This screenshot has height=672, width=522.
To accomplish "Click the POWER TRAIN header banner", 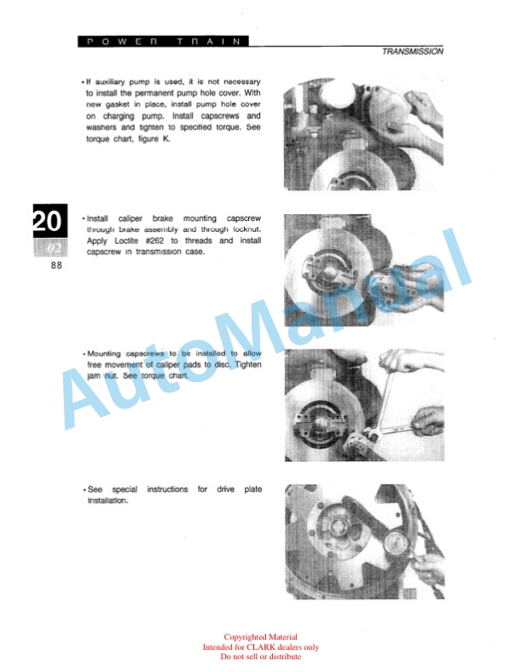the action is tap(163, 42).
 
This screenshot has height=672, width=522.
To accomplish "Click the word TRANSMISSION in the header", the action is tap(412, 51).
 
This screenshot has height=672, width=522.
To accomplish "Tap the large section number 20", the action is tap(49, 221).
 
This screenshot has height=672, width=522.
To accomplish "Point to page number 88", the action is tap(56, 265).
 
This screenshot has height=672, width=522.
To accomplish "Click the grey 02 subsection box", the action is tap(50, 247).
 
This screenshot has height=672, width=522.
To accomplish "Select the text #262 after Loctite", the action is tap(154, 240).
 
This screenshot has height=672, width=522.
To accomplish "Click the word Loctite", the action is tap(126, 240).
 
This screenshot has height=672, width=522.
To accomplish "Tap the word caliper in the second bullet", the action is tap(130, 218).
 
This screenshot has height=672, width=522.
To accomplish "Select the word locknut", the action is tap(246, 229).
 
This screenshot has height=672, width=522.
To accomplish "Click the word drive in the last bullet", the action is tap(225, 489).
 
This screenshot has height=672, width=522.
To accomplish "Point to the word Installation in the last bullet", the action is tap(107, 500).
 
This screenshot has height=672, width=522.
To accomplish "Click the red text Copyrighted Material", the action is tap(260, 637).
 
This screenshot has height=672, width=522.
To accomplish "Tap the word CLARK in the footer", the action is tap(260, 646).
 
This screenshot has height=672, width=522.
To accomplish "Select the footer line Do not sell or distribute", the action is tap(260, 656).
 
